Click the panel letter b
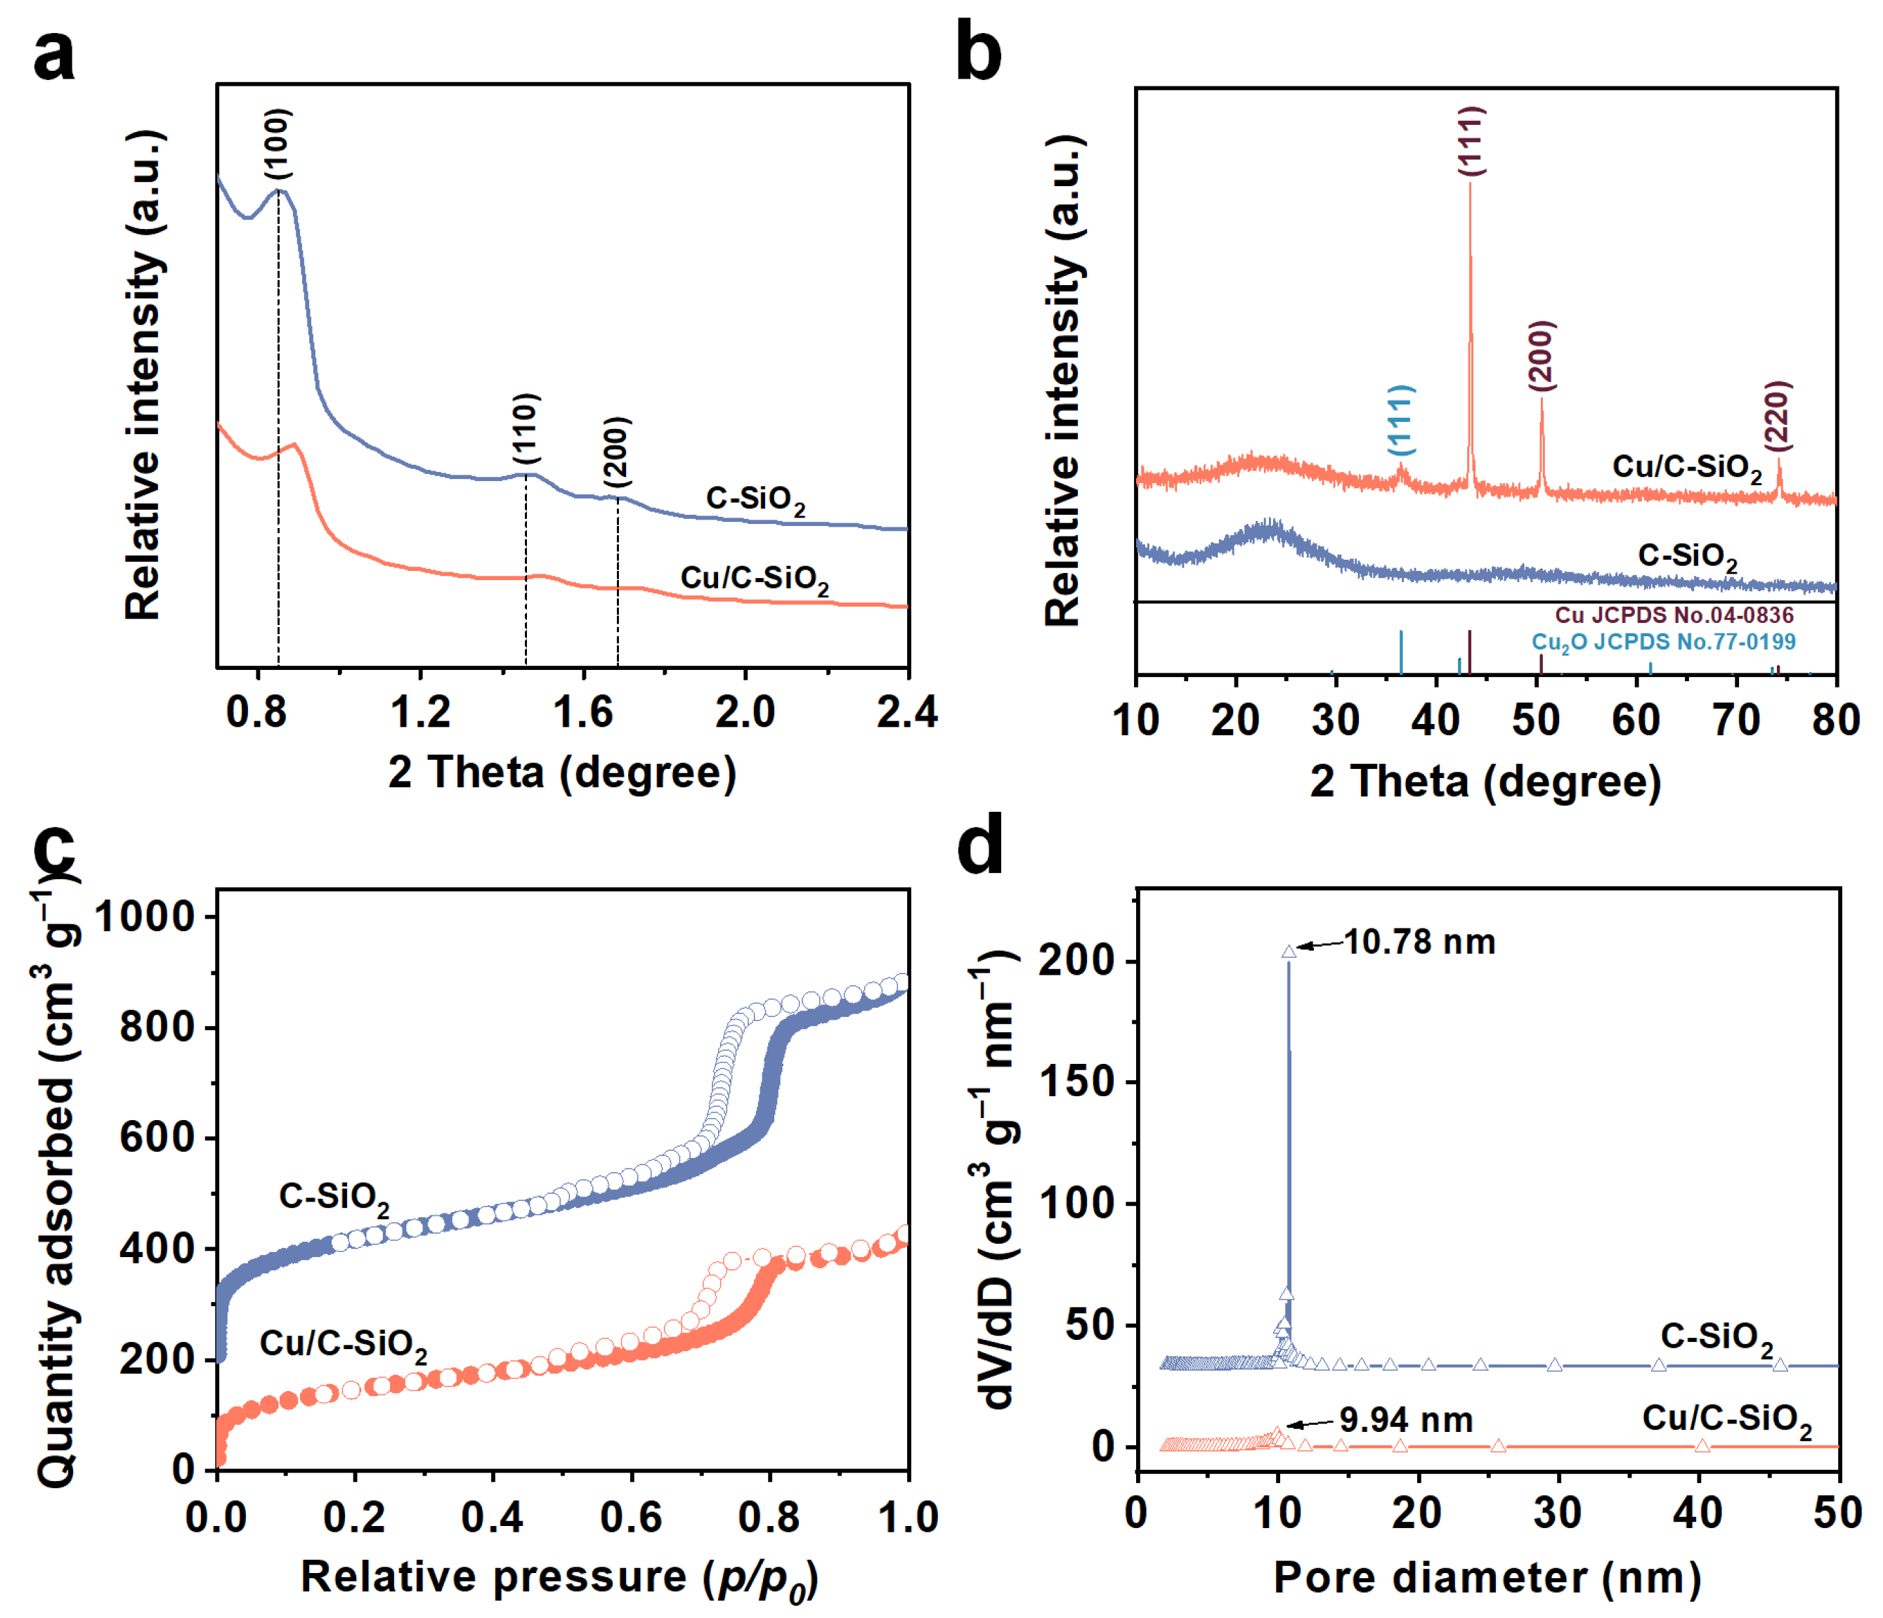click(x=978, y=55)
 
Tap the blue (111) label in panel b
click(x=1400, y=420)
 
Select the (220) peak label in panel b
click(x=1777, y=415)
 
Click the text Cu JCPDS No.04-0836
click(x=1674, y=615)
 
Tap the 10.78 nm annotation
click(x=1419, y=942)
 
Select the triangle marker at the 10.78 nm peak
click(x=1289, y=951)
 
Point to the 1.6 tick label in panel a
click(x=582, y=712)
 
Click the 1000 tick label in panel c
click(x=145, y=916)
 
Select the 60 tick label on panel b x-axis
click(x=1636, y=720)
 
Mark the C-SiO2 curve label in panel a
click(x=755, y=500)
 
